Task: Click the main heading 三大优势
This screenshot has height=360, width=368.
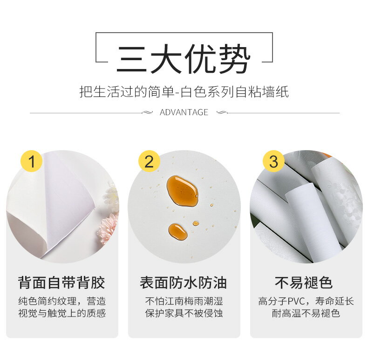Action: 184,59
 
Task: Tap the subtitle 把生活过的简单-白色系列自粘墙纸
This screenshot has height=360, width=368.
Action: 184,91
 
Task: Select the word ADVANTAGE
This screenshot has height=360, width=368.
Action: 184,112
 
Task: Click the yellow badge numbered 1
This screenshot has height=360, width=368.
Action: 31,162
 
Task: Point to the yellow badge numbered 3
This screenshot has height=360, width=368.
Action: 273,162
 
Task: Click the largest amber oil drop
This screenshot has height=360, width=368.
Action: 182,190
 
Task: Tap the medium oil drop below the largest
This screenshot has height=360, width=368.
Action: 177,231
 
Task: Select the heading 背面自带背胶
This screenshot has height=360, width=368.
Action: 61,283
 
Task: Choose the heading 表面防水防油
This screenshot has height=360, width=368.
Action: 184,283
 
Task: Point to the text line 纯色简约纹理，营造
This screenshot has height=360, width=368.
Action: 61,301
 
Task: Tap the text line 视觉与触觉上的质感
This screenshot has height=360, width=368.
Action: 61,313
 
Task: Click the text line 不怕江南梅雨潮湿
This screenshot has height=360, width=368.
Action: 184,301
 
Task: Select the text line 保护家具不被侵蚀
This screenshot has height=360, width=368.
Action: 184,313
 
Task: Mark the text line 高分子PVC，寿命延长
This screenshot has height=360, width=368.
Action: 306,301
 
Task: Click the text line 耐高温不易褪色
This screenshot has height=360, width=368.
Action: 306,313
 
